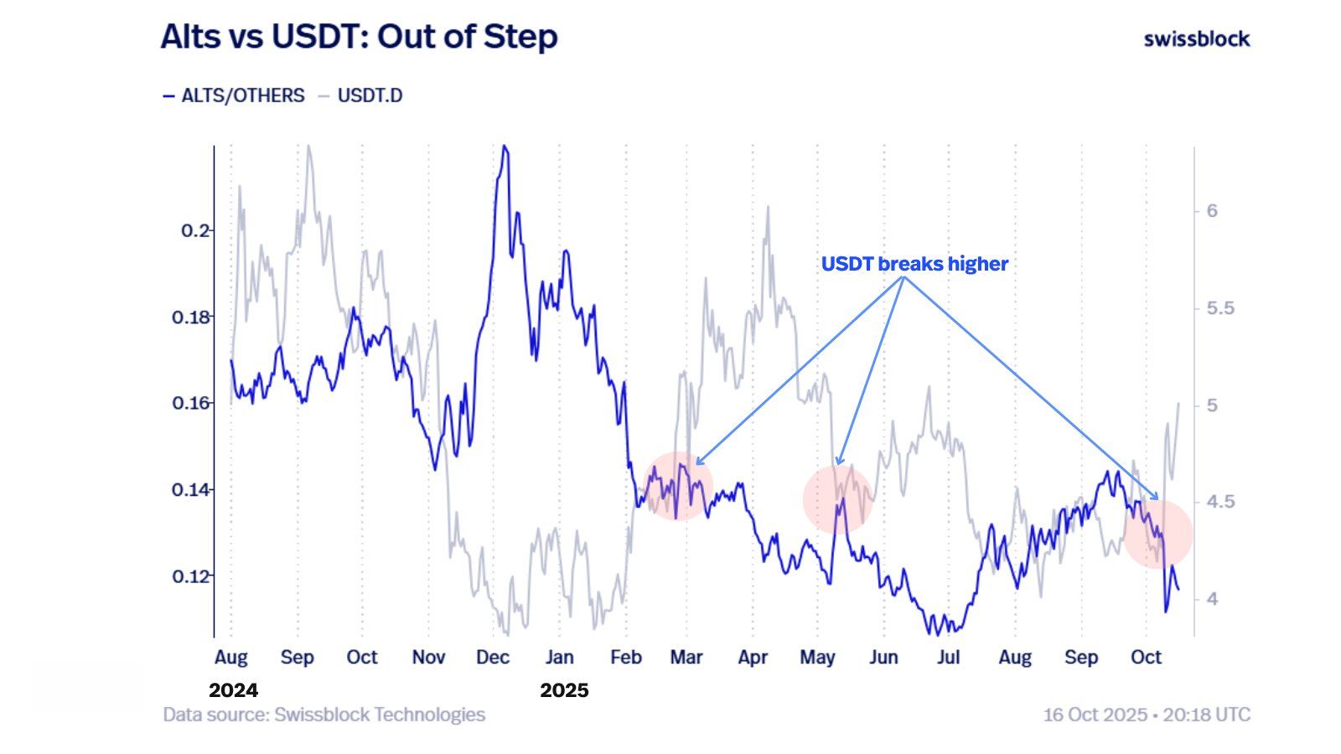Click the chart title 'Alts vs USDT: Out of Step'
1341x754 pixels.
coord(359,37)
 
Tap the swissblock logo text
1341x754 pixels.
coord(1196,39)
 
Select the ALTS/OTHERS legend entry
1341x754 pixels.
coord(234,96)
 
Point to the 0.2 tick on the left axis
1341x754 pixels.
coord(196,230)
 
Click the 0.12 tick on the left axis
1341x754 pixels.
coord(192,576)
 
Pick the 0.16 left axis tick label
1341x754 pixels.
coord(192,403)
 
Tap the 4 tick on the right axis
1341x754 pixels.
coord(1212,599)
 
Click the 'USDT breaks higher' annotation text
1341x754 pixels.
coord(914,264)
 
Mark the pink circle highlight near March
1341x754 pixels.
coord(679,486)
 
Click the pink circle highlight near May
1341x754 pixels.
coord(837,499)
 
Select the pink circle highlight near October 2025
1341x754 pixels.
coord(1157,534)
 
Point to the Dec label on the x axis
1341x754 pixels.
coord(493,658)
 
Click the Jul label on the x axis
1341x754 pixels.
coord(948,658)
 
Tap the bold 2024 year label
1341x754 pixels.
coord(233,690)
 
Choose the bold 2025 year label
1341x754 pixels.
coord(564,690)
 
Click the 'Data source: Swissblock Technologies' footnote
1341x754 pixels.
coord(324,715)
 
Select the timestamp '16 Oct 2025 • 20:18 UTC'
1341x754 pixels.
coord(1146,715)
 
